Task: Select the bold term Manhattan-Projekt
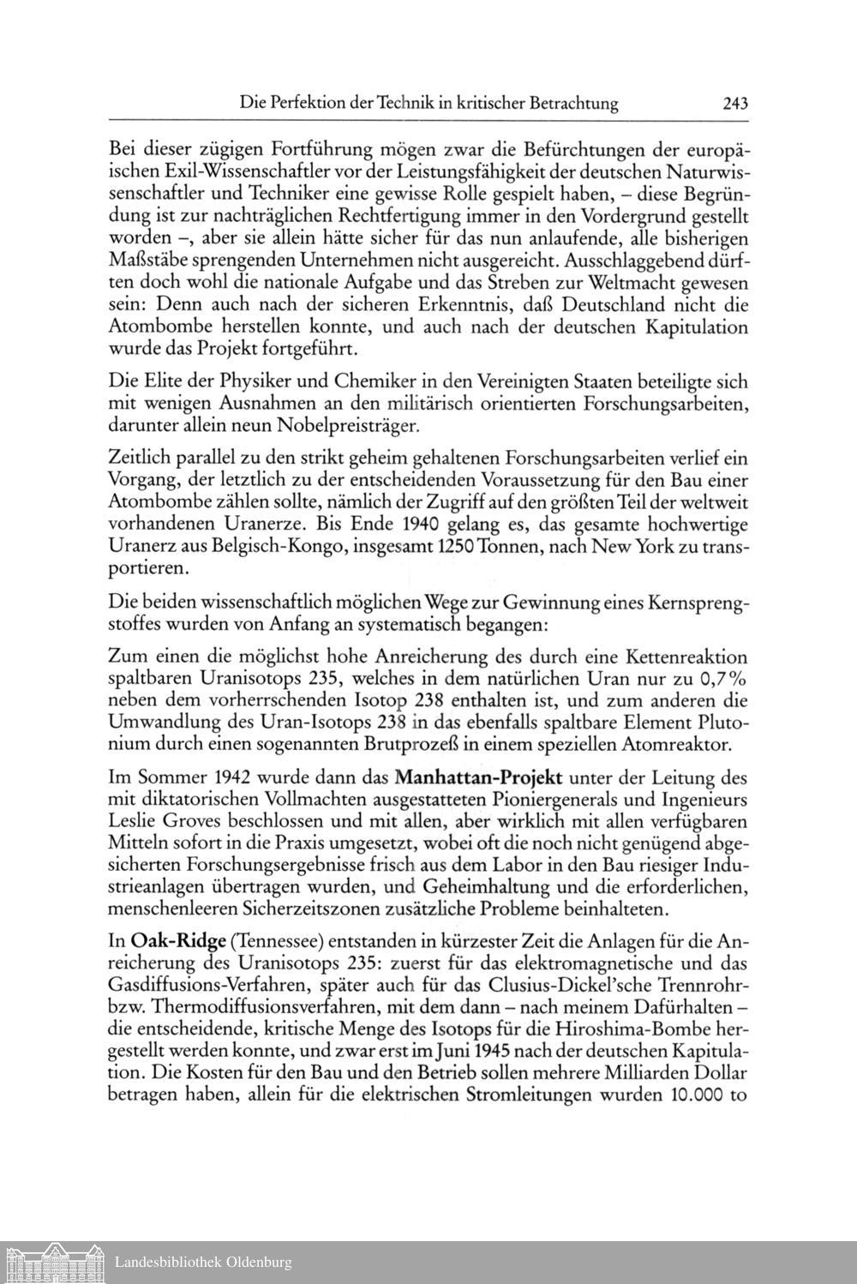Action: pyautogui.click(x=479, y=779)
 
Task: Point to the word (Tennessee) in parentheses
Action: pyautogui.click(x=273, y=939)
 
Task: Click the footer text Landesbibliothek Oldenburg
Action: pyautogui.click(x=203, y=1262)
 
